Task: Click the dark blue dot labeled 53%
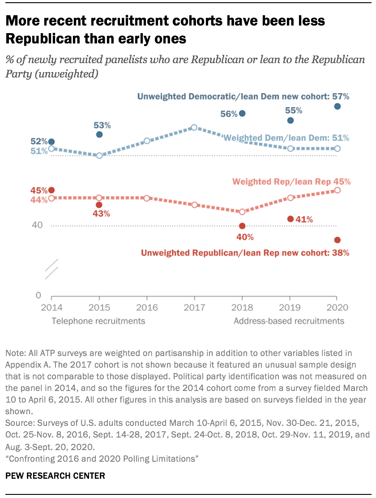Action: pyautogui.click(x=99, y=134)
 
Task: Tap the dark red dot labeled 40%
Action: pyautogui.click(x=242, y=226)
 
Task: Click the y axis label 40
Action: pyautogui.click(x=37, y=225)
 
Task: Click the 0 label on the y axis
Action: pyautogui.click(x=38, y=296)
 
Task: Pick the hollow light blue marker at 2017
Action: pyautogui.click(x=194, y=127)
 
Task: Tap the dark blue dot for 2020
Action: pyautogui.click(x=338, y=106)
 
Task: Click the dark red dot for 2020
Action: pyautogui.click(x=338, y=240)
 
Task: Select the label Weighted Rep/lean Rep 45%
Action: pyautogui.click(x=291, y=181)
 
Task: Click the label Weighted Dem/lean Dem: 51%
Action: pyautogui.click(x=286, y=138)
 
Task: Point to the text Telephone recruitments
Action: pyautogui.click(x=98, y=321)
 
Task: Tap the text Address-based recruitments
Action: pyautogui.click(x=289, y=321)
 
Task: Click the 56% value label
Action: pyautogui.click(x=228, y=114)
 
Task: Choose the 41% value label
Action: pyautogui.click(x=304, y=219)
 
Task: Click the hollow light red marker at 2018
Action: pyautogui.click(x=242, y=212)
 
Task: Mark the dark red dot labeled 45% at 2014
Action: pyautogui.click(x=51, y=190)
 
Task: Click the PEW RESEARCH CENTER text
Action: pyautogui.click(x=55, y=476)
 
